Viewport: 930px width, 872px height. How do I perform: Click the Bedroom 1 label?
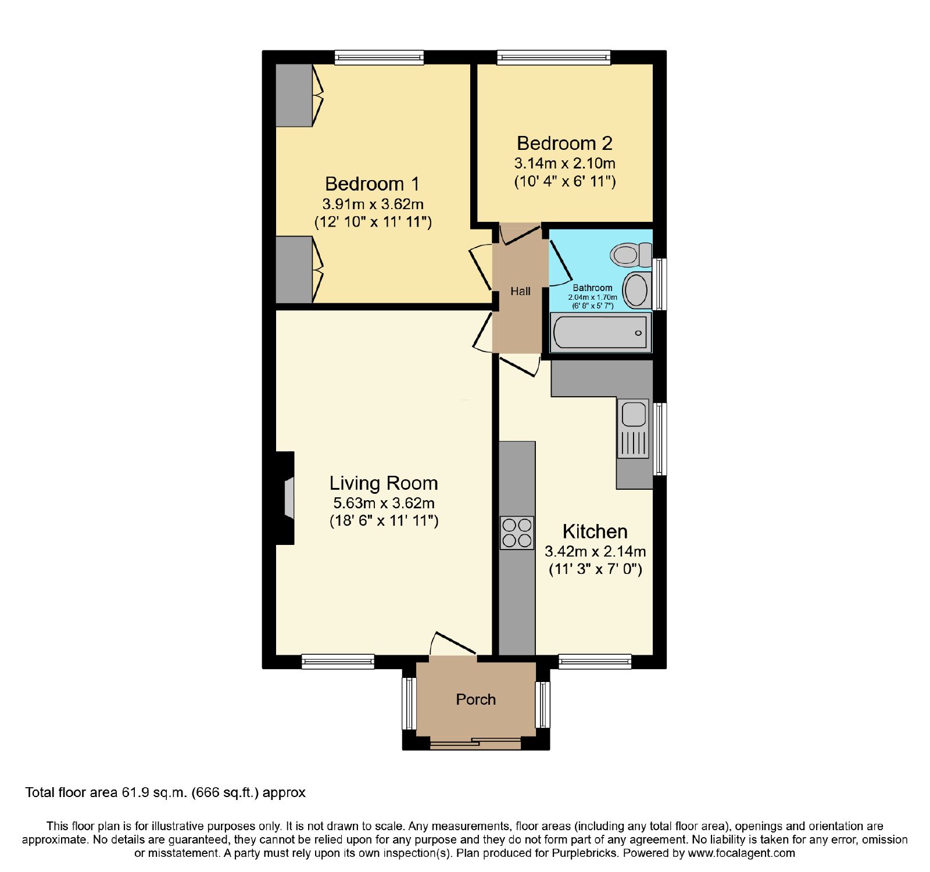372,184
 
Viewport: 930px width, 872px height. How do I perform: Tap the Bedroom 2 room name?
564,143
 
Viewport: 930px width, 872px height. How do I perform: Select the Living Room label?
384,483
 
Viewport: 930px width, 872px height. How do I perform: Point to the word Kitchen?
595,531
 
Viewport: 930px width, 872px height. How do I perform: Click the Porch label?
475,699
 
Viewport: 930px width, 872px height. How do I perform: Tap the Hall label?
520,291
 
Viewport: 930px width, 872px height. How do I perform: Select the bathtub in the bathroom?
600,332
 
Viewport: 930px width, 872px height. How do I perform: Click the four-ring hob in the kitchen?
517,533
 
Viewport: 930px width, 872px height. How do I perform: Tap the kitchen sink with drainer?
634,428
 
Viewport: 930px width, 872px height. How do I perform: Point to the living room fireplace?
285,498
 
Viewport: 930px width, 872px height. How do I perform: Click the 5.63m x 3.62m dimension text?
384,503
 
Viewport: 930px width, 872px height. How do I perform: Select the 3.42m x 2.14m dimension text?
595,551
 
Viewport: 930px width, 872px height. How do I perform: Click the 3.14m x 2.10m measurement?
564,163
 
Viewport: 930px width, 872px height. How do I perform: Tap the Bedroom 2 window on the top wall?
554,57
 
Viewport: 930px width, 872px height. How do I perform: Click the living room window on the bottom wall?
338,661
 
